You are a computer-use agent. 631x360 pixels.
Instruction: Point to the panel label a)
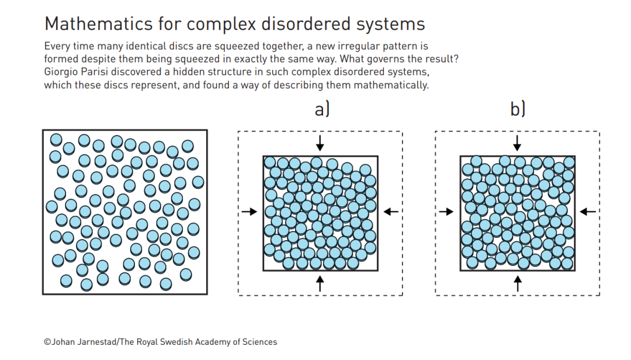click(x=322, y=109)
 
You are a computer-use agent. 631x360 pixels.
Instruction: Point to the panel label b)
click(x=518, y=109)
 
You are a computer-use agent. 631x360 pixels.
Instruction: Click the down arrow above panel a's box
click(x=320, y=142)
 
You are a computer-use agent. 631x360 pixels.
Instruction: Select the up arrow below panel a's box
click(x=320, y=283)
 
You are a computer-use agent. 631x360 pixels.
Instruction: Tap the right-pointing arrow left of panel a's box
click(x=249, y=212)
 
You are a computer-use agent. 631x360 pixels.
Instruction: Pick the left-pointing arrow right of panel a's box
click(x=391, y=212)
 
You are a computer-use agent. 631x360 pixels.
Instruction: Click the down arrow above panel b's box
click(x=517, y=142)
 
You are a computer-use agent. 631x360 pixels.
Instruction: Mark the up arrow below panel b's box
click(x=517, y=283)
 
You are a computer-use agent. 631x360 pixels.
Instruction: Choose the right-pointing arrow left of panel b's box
click(x=446, y=212)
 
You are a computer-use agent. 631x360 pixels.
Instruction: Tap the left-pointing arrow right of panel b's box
click(x=588, y=212)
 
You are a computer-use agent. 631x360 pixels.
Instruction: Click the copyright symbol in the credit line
click(x=47, y=342)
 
